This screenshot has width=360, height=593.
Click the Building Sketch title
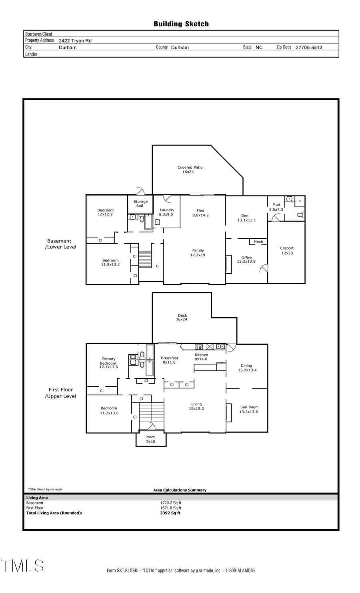181,24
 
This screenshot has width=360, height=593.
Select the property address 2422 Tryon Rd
75,41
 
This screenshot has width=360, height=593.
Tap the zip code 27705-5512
308,47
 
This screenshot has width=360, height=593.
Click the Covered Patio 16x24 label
190,170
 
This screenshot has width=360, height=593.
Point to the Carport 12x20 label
287,250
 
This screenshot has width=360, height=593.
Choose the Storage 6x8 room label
140,204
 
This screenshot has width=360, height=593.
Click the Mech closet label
258,242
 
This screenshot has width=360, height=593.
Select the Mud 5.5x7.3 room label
276,207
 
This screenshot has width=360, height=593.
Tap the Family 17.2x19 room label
198,253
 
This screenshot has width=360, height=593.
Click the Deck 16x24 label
182,317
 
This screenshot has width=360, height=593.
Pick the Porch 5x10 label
150,439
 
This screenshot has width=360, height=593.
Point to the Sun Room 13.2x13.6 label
249,409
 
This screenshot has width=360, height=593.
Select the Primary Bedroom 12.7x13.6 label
108,363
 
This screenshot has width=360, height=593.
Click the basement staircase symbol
145,259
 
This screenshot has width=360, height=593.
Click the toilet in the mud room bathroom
300,215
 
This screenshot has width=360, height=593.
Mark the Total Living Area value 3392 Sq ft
170,513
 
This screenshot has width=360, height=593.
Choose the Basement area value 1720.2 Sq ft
171,503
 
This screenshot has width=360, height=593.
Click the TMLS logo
22,566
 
